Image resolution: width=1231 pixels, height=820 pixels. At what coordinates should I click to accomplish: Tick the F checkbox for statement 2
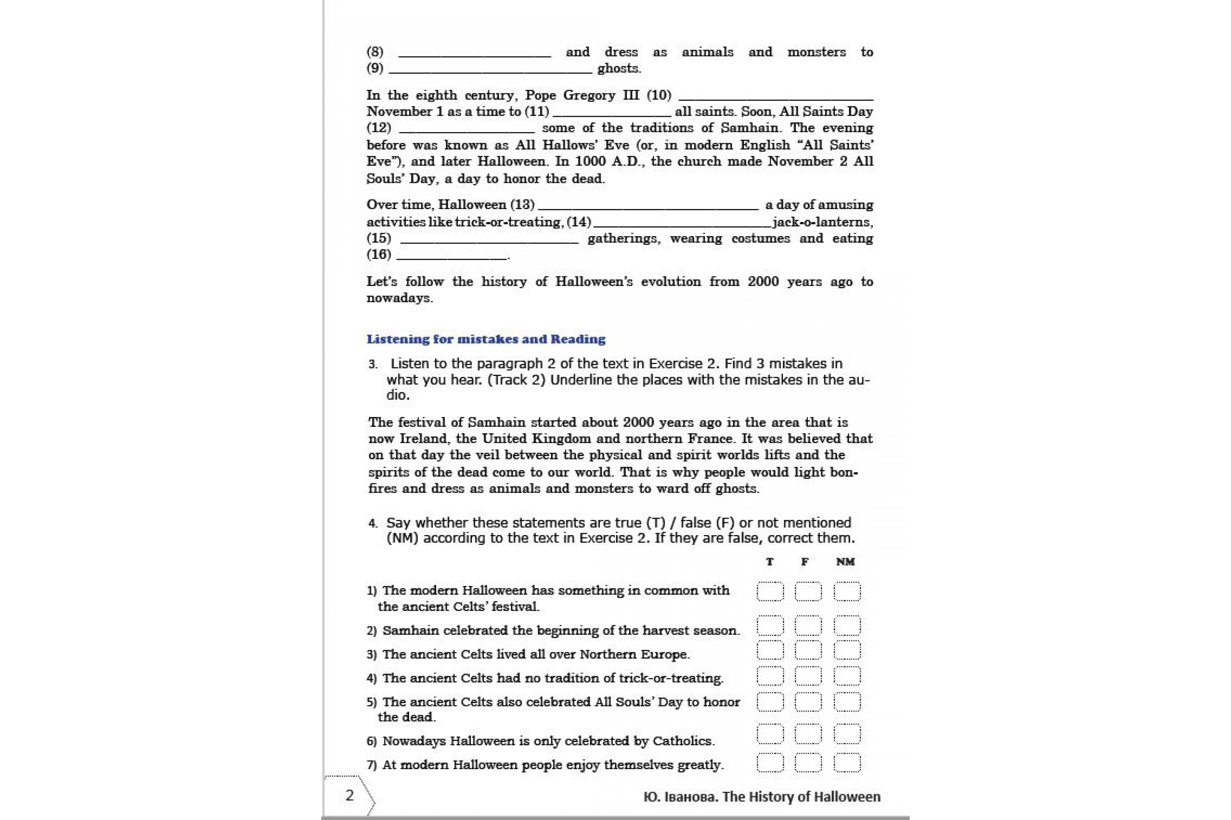pos(808,626)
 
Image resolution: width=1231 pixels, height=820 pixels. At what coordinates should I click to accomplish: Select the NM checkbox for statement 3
pos(847,650)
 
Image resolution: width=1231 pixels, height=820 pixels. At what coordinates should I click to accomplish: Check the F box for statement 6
pos(808,734)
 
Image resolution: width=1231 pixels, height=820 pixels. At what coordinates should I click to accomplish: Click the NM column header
pos(845,562)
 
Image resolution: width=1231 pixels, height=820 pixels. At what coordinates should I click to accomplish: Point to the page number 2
pos(350,795)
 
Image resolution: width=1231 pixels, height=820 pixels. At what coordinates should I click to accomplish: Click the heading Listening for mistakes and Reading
pos(486,339)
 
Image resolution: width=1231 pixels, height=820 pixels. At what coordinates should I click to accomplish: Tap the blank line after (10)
pos(776,98)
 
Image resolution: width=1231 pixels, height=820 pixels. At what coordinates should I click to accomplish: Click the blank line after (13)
pos(648,207)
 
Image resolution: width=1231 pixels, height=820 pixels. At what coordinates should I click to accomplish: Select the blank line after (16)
pos(452,257)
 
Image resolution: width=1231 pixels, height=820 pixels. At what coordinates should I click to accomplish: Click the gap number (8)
pos(375,52)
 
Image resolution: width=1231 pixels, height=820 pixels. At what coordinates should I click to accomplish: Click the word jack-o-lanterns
pos(822,222)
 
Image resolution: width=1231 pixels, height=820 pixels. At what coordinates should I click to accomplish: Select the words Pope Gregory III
pos(582,95)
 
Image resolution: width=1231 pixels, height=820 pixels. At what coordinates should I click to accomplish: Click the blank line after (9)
pos(490,71)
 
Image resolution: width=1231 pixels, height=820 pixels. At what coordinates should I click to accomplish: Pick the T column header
pos(769,562)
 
